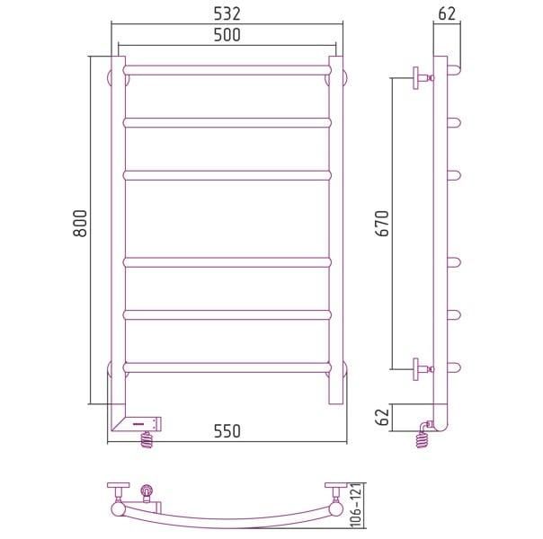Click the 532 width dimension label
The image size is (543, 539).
tap(227, 14)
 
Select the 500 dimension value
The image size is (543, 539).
tap(227, 35)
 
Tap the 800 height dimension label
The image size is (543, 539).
tap(80, 223)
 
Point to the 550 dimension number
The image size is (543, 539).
tap(227, 431)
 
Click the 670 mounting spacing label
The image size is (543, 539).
tap(384, 223)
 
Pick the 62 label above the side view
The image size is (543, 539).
tap(447, 14)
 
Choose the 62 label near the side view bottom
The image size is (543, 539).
tap(383, 417)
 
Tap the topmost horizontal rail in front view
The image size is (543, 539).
tap(227, 70)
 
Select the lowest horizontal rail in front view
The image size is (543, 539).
tap(227, 367)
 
